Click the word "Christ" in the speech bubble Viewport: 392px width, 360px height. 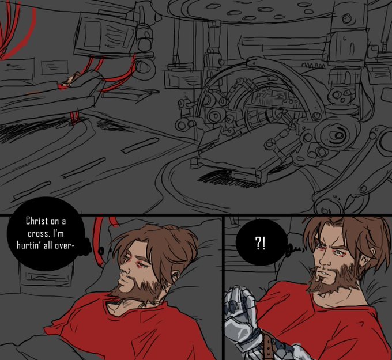[37, 221]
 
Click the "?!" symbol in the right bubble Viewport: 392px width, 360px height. [260, 244]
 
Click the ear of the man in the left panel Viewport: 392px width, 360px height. [176, 275]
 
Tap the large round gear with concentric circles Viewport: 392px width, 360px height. [336, 135]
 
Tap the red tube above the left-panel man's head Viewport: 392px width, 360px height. [100, 240]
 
